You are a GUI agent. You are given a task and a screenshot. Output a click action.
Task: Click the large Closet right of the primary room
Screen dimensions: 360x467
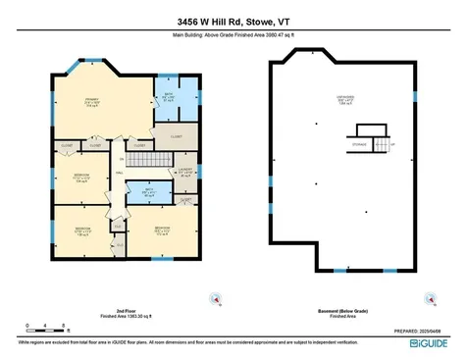[x=177, y=138]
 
